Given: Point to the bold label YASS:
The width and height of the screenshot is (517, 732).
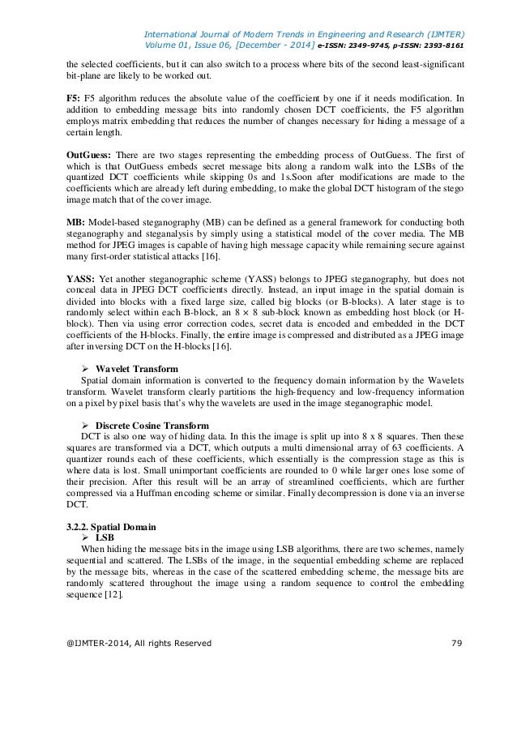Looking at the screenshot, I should click(81, 280).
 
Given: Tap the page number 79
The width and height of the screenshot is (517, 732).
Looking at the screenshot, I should click(454, 643).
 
